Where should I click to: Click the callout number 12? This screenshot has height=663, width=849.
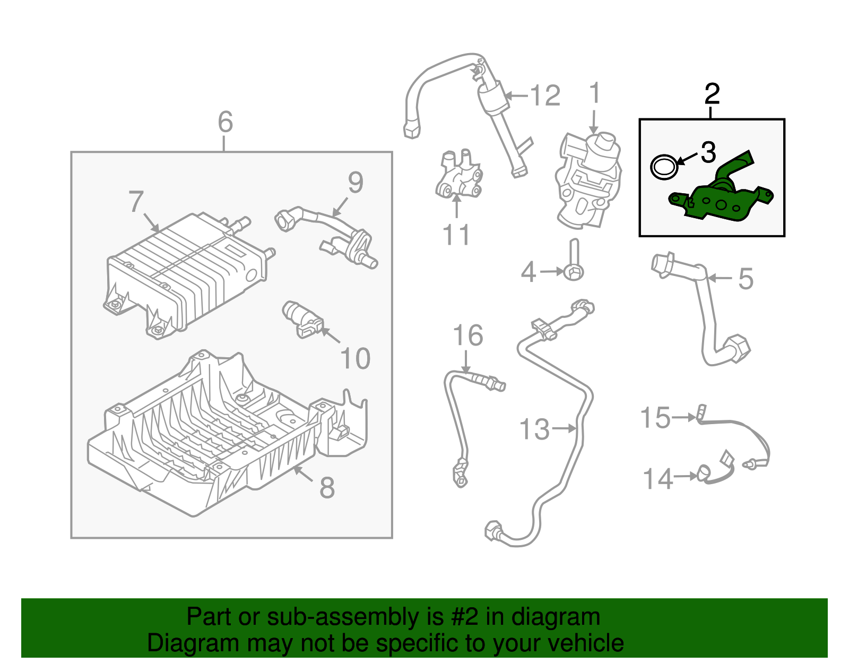click(x=545, y=96)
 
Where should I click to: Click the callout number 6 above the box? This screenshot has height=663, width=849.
click(x=226, y=122)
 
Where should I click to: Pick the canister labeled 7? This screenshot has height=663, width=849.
click(x=186, y=271)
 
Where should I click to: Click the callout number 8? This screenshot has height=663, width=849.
click(x=327, y=487)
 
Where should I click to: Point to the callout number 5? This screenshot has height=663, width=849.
click(x=746, y=279)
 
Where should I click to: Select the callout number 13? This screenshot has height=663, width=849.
click(x=534, y=429)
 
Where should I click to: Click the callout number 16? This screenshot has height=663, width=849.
click(x=468, y=335)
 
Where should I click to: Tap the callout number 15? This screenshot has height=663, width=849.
click(x=655, y=418)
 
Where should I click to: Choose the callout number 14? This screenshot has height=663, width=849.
click(x=658, y=479)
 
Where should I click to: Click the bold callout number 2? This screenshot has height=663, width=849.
click(x=712, y=94)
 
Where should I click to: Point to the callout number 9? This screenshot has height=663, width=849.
click(x=356, y=183)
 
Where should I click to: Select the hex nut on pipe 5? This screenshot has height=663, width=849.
click(x=738, y=348)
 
